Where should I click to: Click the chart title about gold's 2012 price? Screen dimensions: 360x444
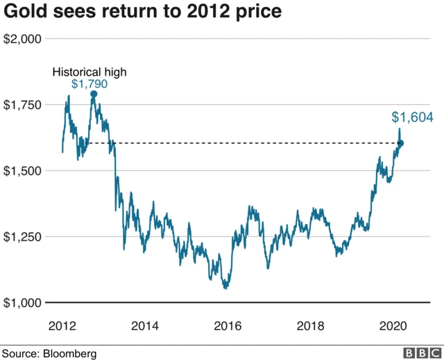[143, 12]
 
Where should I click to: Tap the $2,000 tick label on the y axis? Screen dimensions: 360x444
[23, 39]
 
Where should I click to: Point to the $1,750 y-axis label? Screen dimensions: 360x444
[23, 105]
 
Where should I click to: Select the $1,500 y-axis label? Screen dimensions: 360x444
[23, 171]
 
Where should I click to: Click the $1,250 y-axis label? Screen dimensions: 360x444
[23, 237]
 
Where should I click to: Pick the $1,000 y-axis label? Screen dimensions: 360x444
[23, 302]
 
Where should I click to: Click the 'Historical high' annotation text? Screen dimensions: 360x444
[90, 71]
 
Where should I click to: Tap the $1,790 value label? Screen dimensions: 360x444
[90, 84]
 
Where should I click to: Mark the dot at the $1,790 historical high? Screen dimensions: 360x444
[94, 94]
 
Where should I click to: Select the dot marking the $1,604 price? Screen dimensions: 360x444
[400, 143]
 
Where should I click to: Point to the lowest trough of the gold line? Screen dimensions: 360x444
[225, 288]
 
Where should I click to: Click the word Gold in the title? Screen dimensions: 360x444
[22, 12]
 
